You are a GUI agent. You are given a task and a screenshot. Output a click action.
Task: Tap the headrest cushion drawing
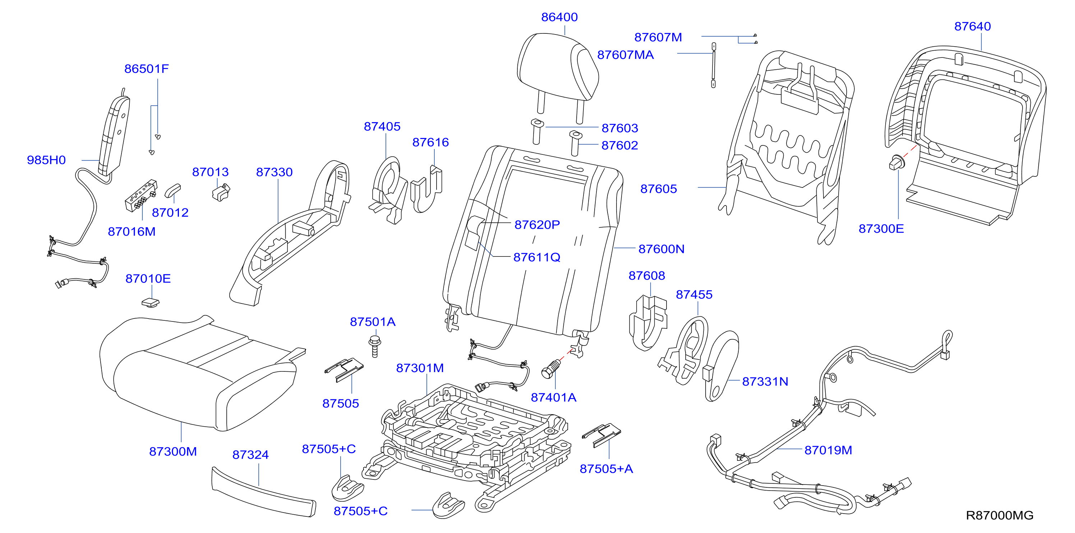(x=558, y=67)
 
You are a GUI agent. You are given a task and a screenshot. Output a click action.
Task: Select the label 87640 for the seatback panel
(x=972, y=26)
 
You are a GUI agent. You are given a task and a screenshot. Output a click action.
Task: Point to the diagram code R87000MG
(x=1000, y=515)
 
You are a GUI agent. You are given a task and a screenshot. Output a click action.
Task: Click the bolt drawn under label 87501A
(x=375, y=346)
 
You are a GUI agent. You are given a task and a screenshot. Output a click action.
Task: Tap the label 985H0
(x=46, y=160)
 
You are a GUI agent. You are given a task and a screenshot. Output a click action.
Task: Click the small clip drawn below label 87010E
(x=151, y=302)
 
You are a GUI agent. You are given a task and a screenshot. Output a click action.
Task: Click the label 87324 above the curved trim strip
(x=250, y=455)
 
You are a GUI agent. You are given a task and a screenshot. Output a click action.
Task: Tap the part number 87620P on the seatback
(x=537, y=225)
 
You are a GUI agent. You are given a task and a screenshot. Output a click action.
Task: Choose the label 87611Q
(x=537, y=257)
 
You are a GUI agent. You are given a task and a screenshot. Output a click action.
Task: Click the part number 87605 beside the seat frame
(x=659, y=189)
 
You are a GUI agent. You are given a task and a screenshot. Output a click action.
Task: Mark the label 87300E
(x=881, y=228)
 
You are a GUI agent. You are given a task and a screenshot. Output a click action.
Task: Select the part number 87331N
(x=765, y=381)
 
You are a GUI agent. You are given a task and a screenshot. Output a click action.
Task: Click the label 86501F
(x=147, y=69)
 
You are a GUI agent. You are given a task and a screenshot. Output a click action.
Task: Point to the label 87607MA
(x=625, y=55)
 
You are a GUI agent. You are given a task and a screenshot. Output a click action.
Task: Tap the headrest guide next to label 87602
(x=575, y=143)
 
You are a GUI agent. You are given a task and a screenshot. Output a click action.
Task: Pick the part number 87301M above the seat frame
(x=420, y=368)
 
